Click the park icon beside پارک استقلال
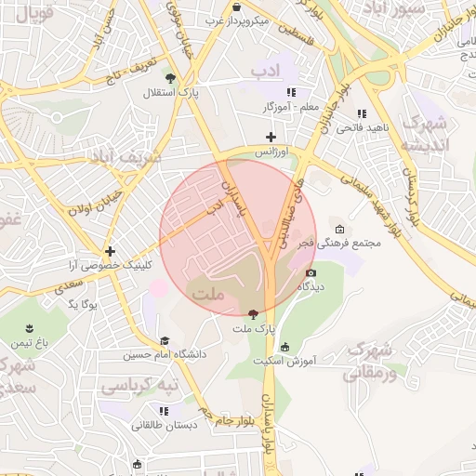tap(169, 76)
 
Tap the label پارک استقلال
tap(165, 93)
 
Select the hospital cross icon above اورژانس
tap(271, 137)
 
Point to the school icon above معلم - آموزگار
tap(290, 92)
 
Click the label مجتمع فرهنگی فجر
tap(342, 245)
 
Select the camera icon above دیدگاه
tap(311, 271)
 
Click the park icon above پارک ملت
tap(254, 314)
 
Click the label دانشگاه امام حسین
tap(174, 354)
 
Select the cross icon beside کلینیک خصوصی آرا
tap(111, 251)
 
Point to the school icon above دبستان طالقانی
tap(164, 410)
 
